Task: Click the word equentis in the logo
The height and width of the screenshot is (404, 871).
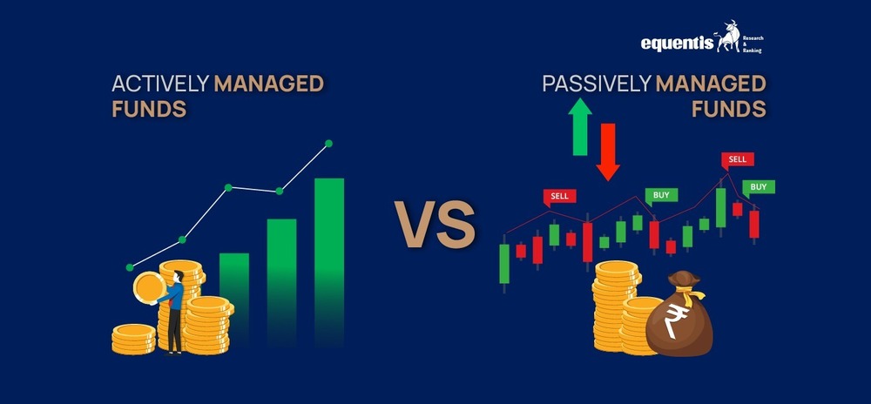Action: click(x=677, y=44)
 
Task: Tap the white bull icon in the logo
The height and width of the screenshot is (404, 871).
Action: click(x=727, y=37)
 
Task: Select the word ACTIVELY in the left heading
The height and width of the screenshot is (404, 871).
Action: click(x=160, y=84)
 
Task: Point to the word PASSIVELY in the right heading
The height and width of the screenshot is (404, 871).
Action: click(x=597, y=84)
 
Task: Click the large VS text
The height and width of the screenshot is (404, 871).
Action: click(x=435, y=224)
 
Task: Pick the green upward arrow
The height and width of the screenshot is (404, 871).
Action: click(x=580, y=126)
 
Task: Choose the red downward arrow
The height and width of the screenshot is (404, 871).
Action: click(x=608, y=152)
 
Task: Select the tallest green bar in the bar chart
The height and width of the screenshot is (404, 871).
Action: click(x=329, y=262)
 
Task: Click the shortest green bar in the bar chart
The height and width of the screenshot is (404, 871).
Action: click(x=233, y=300)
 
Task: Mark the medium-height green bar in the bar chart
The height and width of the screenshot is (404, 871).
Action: click(x=281, y=282)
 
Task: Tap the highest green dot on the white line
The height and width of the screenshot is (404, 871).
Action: click(x=328, y=143)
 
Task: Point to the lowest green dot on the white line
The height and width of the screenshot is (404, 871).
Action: click(x=130, y=267)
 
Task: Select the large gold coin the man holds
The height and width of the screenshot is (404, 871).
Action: click(x=150, y=288)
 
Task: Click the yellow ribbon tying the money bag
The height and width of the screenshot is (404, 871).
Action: click(x=693, y=294)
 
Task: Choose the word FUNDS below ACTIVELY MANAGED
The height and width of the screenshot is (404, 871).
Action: click(x=149, y=109)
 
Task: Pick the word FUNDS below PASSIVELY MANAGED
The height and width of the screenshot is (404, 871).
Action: click(x=729, y=109)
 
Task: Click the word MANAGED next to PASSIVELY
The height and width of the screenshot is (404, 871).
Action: click(x=711, y=84)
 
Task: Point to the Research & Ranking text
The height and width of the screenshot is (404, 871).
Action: click(x=753, y=44)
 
